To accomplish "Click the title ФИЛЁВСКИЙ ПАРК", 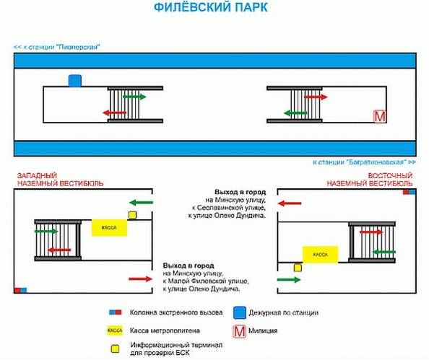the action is coord(211,7).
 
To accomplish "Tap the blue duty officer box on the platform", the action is coord(75,81).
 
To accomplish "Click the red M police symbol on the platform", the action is coord(379,116).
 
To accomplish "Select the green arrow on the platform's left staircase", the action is coord(134,97).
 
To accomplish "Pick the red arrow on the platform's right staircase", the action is coord(316,97).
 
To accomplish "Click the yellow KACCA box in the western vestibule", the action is coord(109,228).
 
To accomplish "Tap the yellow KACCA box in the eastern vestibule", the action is coord(320,255).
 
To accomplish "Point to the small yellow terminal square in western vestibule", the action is coord(132,215).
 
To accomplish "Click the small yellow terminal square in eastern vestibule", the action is coord(298,268).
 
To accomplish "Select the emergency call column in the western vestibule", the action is coord(20,290).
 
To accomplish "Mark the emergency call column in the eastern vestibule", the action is coord(409,192).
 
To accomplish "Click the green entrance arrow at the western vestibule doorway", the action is coord(141,203).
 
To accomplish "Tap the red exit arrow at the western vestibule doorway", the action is coord(140,278).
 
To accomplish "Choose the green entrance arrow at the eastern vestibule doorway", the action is coord(289,280).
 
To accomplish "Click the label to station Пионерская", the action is coord(57,47).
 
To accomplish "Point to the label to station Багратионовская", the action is coord(365,162).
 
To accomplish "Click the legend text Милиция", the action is coord(263,330).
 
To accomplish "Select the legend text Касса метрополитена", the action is coord(165,330).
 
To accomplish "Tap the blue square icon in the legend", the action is coord(240,312).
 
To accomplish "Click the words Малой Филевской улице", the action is coord(208,281).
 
